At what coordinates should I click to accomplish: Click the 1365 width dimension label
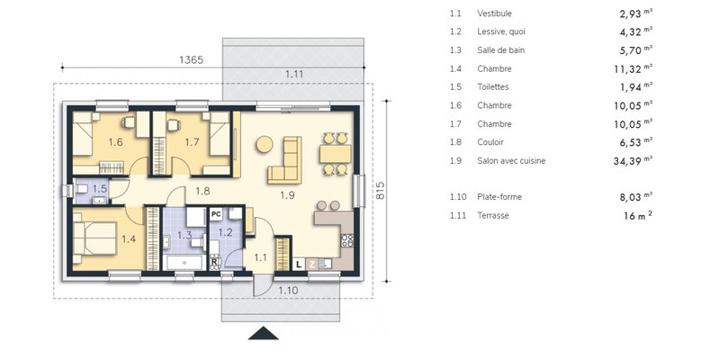(x=191, y=59)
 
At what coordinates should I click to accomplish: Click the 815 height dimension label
(x=381, y=191)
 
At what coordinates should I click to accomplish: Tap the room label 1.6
(x=115, y=142)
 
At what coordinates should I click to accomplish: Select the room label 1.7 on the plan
(x=193, y=142)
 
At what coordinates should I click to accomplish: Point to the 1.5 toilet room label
(x=100, y=188)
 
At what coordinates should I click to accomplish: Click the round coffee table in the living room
(x=265, y=144)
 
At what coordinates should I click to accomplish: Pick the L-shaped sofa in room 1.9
(x=285, y=160)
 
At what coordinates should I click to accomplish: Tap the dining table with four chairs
(x=336, y=154)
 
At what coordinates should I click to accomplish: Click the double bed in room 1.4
(x=95, y=238)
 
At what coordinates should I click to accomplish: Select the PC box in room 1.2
(x=216, y=213)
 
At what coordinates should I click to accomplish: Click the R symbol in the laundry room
(x=214, y=262)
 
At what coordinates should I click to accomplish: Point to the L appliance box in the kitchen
(x=299, y=265)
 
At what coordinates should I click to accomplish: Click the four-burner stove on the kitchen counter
(x=347, y=240)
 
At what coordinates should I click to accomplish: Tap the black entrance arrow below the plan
(x=264, y=333)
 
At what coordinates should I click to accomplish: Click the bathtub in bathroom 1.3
(x=184, y=263)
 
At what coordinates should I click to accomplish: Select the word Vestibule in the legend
(x=494, y=13)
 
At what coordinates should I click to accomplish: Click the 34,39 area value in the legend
(x=626, y=161)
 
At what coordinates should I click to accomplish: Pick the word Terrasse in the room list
(x=493, y=215)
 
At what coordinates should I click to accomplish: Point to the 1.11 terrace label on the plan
(x=294, y=75)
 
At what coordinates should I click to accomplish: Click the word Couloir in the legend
(x=490, y=142)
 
